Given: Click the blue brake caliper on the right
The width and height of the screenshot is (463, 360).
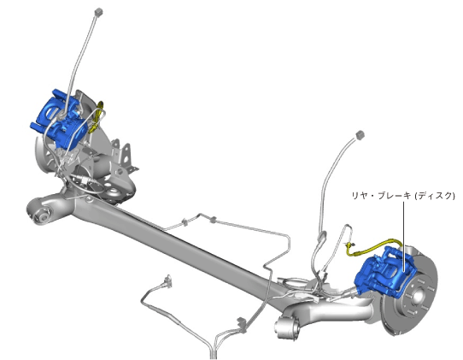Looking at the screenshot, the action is [384, 274].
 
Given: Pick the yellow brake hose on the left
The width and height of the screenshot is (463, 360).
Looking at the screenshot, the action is [97, 117].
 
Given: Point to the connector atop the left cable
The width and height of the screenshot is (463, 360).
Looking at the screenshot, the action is [98, 12].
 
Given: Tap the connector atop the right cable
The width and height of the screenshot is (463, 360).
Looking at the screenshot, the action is [360, 134].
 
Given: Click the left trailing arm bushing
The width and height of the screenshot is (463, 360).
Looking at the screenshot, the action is [44, 215].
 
